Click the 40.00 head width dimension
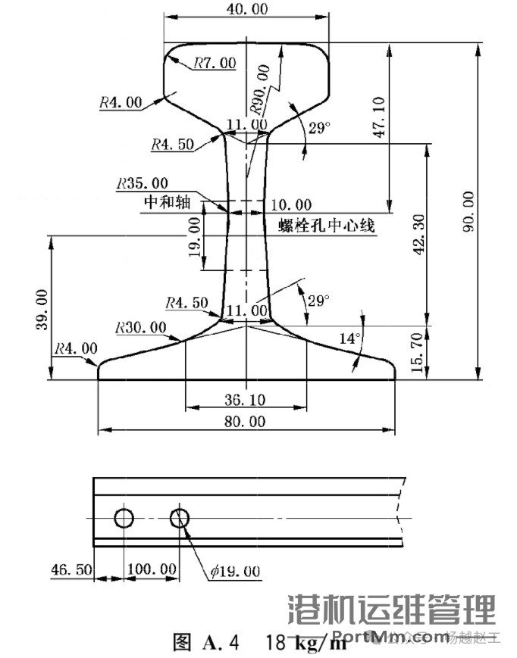pyautogui.click(x=246, y=8)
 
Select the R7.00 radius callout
pyautogui.click(x=215, y=63)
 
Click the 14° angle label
pyautogui.click(x=349, y=339)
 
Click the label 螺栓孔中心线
pyautogui.click(x=327, y=226)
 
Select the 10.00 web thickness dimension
pyautogui.click(x=292, y=204)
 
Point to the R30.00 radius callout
pyautogui.click(x=141, y=327)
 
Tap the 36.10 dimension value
pyautogui.click(x=245, y=398)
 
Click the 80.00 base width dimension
pyautogui.click(x=246, y=421)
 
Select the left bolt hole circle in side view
pyautogui.click(x=124, y=518)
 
